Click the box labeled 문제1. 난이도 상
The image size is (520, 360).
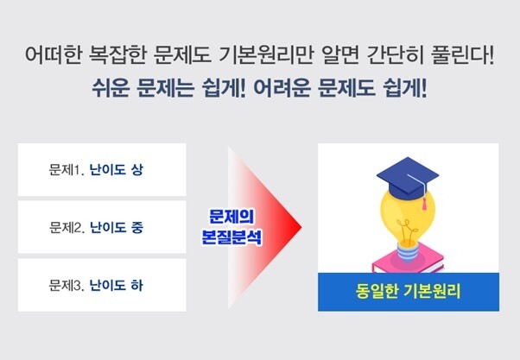(x=102, y=170)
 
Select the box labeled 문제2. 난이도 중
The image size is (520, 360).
(x=102, y=227)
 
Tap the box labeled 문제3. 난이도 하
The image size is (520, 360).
(x=102, y=284)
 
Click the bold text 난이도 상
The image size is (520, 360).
(x=117, y=170)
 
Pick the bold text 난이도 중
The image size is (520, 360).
(x=117, y=227)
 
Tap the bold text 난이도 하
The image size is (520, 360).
(x=117, y=284)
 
